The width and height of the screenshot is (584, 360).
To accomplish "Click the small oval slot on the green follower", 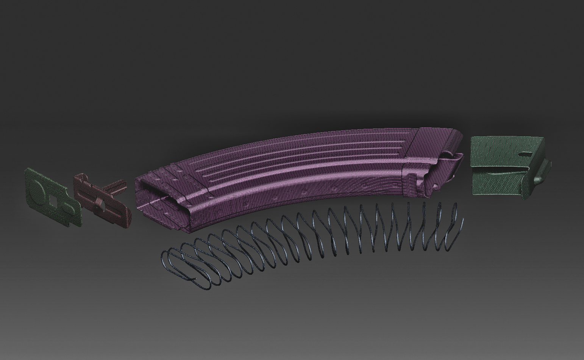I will (x=525, y=154).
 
